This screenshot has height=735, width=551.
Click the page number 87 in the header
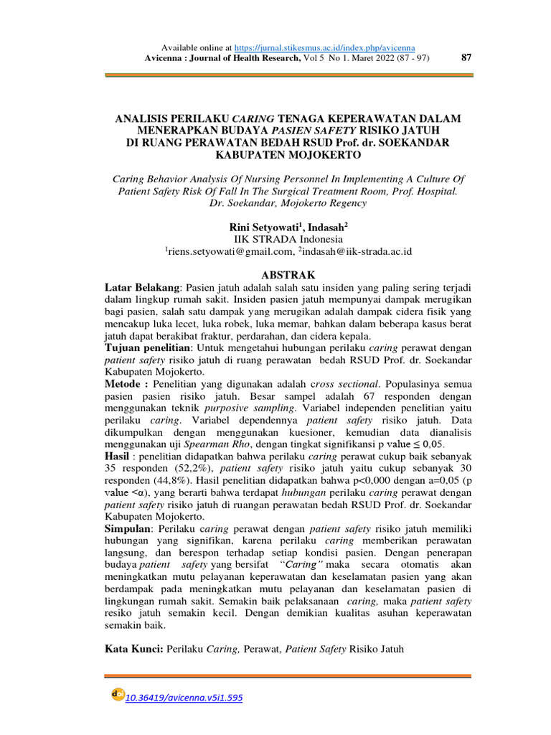(x=465, y=58)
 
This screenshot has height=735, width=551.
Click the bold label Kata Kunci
(x=134, y=650)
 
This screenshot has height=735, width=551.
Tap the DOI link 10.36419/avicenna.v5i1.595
(x=184, y=697)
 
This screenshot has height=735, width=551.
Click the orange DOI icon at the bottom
(x=118, y=695)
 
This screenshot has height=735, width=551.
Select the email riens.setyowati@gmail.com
(x=230, y=251)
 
